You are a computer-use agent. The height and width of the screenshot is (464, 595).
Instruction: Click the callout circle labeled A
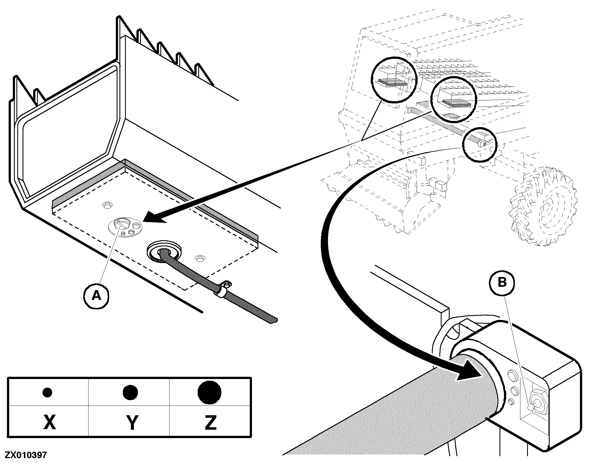96,295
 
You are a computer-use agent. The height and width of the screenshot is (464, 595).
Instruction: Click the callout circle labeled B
502,283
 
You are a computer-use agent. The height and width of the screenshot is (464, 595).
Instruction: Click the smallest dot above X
47,393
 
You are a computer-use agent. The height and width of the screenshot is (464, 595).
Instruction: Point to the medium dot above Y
130,392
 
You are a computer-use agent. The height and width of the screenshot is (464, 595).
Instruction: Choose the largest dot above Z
209,392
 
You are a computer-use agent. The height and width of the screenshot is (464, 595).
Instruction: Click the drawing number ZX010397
26,455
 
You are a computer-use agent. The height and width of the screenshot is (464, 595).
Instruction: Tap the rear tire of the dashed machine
543,207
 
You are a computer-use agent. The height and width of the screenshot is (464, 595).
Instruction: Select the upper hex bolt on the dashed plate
107,205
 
